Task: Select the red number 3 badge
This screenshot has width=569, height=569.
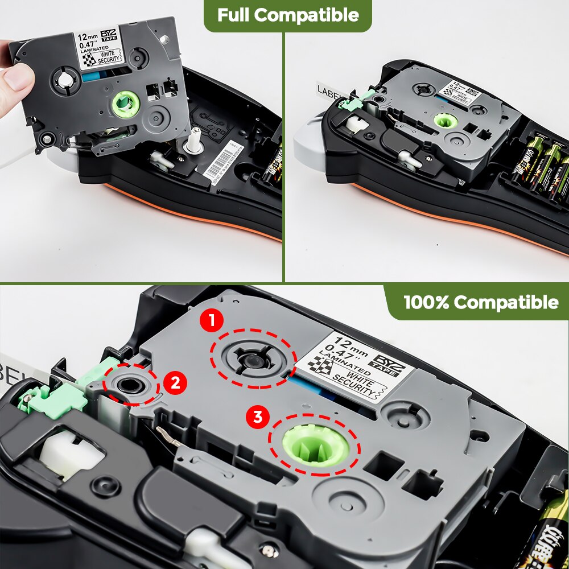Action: (258, 418)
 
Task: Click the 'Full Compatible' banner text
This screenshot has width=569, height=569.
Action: (288, 15)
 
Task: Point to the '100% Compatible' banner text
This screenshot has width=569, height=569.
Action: (481, 302)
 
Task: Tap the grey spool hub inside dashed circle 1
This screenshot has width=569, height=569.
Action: (253, 361)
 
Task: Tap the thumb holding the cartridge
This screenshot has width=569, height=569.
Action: (17, 77)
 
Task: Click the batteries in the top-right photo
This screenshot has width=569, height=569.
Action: (541, 165)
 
